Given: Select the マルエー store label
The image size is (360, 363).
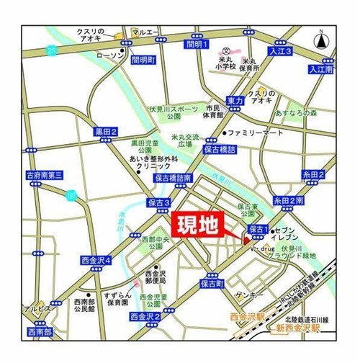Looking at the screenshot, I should pyautogui.click(x=145, y=32).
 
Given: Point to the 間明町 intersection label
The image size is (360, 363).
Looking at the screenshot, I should pyautogui.click(x=144, y=60).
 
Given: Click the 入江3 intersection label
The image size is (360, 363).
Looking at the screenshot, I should pyautogui.click(x=279, y=53).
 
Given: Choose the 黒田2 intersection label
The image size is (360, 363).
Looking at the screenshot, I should pyautogui.click(x=106, y=132).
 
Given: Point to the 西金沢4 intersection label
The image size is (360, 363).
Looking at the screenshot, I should pyautogui.click(x=95, y=259).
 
